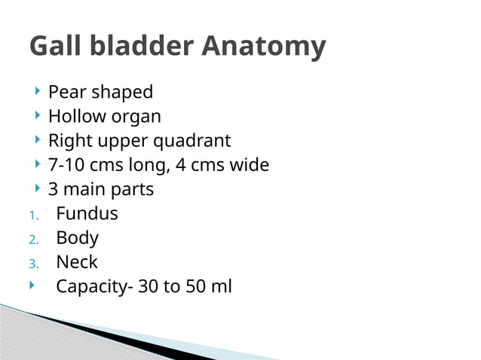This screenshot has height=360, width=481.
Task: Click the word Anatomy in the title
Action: pyautogui.click(x=264, y=47)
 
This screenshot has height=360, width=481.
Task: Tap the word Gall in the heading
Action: pyautogui.click(x=54, y=47)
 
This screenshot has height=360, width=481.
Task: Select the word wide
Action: pyautogui.click(x=248, y=165)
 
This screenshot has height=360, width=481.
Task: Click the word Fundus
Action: pyautogui.click(x=87, y=214)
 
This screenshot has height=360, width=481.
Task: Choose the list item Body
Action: pyautogui.click(x=77, y=238)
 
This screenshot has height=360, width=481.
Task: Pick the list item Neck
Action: pyautogui.click(x=77, y=262)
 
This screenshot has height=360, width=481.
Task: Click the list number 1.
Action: pyautogui.click(x=33, y=215)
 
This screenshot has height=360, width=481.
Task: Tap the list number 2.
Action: pyautogui.click(x=33, y=239)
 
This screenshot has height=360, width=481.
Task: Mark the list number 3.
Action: pyautogui.click(x=33, y=264)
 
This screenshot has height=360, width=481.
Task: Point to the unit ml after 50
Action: pyautogui.click(x=221, y=287)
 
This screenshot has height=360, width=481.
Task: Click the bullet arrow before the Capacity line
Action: pyautogui.click(x=32, y=285)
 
